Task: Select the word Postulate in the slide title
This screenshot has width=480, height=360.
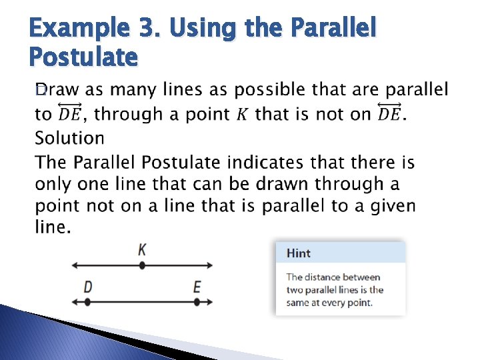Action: click(84, 58)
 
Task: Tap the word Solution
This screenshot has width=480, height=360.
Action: click(69, 138)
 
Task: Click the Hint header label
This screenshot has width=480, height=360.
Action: click(299, 253)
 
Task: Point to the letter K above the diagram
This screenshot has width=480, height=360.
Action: click(142, 249)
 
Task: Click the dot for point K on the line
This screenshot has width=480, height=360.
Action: click(142, 265)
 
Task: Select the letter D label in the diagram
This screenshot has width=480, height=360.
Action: click(88, 287)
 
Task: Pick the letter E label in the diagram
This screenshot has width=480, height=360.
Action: click(197, 287)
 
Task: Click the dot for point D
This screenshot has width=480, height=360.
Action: click(87, 302)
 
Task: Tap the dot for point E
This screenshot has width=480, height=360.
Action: click(197, 302)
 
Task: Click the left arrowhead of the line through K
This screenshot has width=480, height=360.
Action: click(75, 265)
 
